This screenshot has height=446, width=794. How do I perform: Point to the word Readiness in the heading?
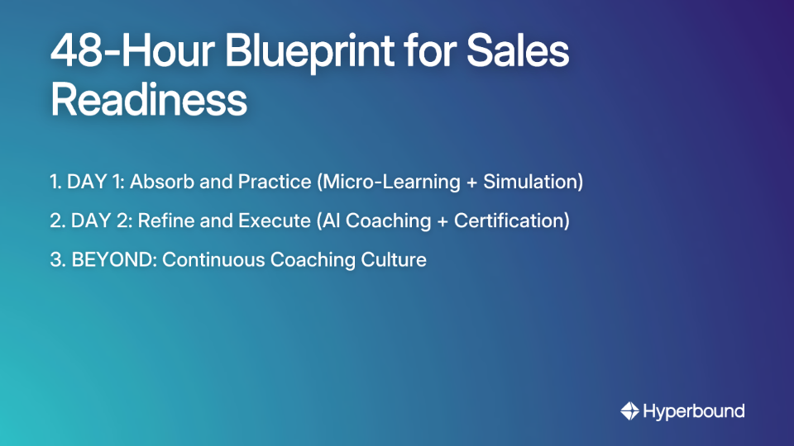(149, 101)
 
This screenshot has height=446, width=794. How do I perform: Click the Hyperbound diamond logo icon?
(629, 410)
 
